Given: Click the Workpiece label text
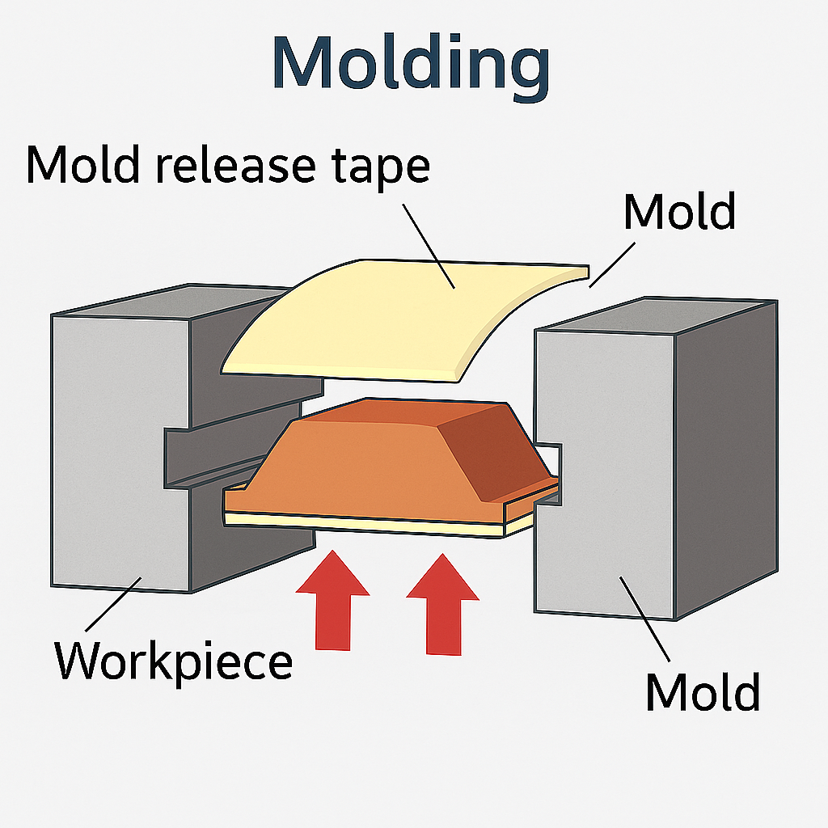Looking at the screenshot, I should [x=173, y=661].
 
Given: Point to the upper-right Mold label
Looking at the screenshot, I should [x=679, y=211].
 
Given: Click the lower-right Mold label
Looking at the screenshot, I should [x=702, y=692].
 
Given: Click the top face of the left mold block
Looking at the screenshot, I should [x=162, y=301].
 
